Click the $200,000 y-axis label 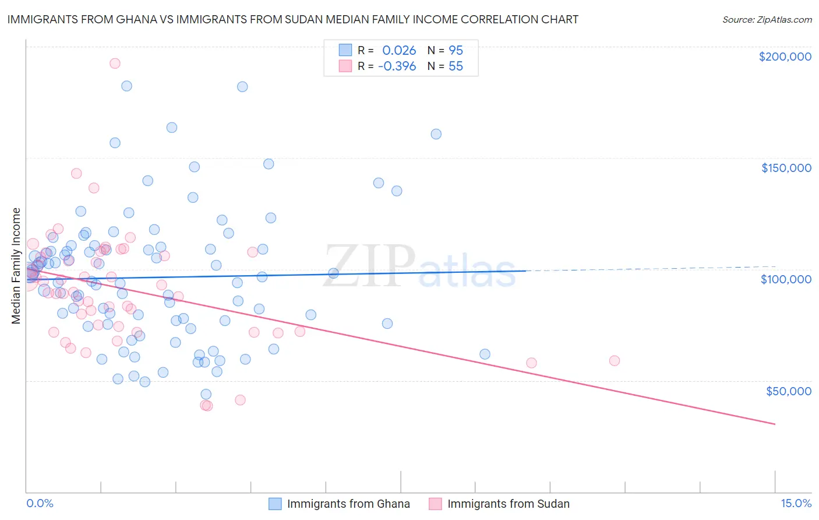click(x=785, y=57)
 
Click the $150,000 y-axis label click(x=786, y=168)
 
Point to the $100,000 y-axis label click(x=786, y=279)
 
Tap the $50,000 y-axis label click(x=788, y=391)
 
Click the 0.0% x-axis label click(x=40, y=504)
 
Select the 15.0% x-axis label click(x=796, y=504)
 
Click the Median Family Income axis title click(x=16, y=266)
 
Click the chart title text click(x=292, y=19)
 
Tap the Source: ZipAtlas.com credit click(x=767, y=20)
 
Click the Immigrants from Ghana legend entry click(x=348, y=504)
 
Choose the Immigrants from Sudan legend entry click(x=508, y=504)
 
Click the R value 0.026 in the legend click(x=399, y=50)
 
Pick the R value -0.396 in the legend click(x=397, y=66)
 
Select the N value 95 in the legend click(x=456, y=50)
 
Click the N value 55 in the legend click(x=456, y=66)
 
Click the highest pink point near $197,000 click(x=115, y=64)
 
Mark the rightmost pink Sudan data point click(x=614, y=361)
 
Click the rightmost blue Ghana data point click(x=485, y=354)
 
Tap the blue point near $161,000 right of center click(x=436, y=134)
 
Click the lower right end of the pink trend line click(x=775, y=424)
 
